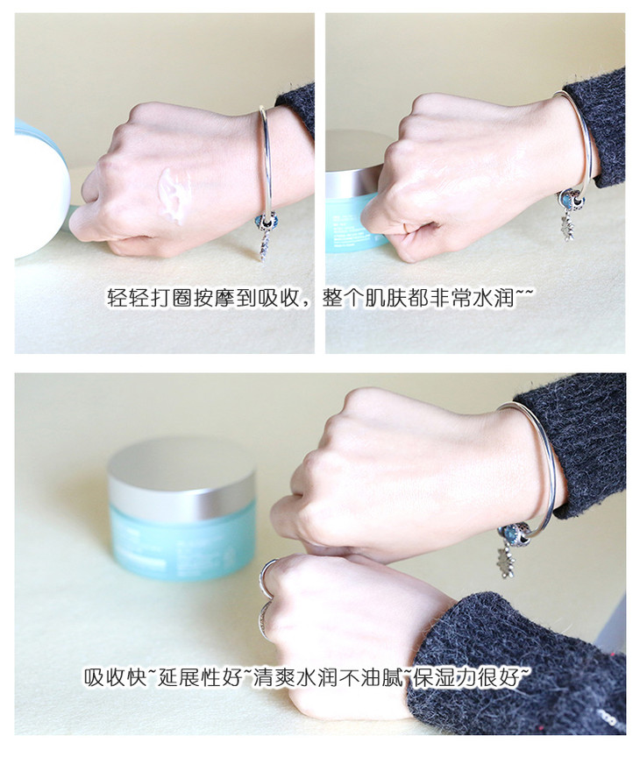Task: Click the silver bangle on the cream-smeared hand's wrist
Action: pos(267,164)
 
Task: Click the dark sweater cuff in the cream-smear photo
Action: pos(296,110)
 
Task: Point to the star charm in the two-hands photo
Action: pos(507,564)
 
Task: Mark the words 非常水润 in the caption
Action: pos(471,298)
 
